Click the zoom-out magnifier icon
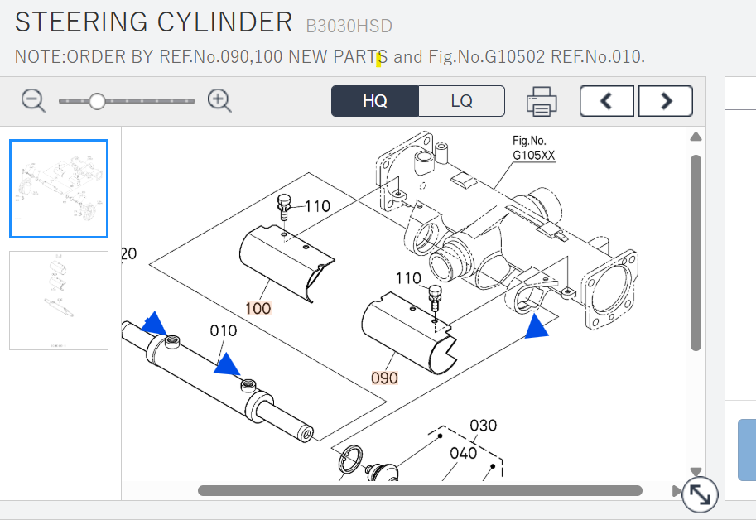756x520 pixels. pyautogui.click(x=33, y=101)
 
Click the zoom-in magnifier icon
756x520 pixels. pyautogui.click(x=219, y=101)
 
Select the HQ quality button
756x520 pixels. pyautogui.click(x=374, y=101)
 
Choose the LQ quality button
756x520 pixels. pyautogui.click(x=461, y=101)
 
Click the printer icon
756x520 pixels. pyautogui.click(x=542, y=101)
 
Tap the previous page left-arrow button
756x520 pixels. pyautogui.click(x=606, y=101)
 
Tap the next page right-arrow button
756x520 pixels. pyautogui.click(x=666, y=101)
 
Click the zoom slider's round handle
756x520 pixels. pyautogui.click(x=98, y=101)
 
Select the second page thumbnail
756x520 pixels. pyautogui.click(x=59, y=301)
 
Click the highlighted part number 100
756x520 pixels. pyautogui.click(x=258, y=308)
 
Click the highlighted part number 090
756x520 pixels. pyautogui.click(x=384, y=378)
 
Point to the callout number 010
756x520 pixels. pyautogui.click(x=224, y=330)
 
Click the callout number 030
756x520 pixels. pyautogui.click(x=483, y=426)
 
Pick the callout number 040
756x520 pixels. pyautogui.click(x=464, y=453)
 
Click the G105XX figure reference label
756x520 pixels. pyautogui.click(x=534, y=155)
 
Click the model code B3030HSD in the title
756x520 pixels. pyautogui.click(x=349, y=26)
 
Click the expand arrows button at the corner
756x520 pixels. pyautogui.click(x=700, y=494)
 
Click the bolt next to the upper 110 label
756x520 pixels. pyautogui.click(x=284, y=207)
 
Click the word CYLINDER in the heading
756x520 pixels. pyautogui.click(x=224, y=22)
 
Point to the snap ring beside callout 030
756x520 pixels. pyautogui.click(x=350, y=459)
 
